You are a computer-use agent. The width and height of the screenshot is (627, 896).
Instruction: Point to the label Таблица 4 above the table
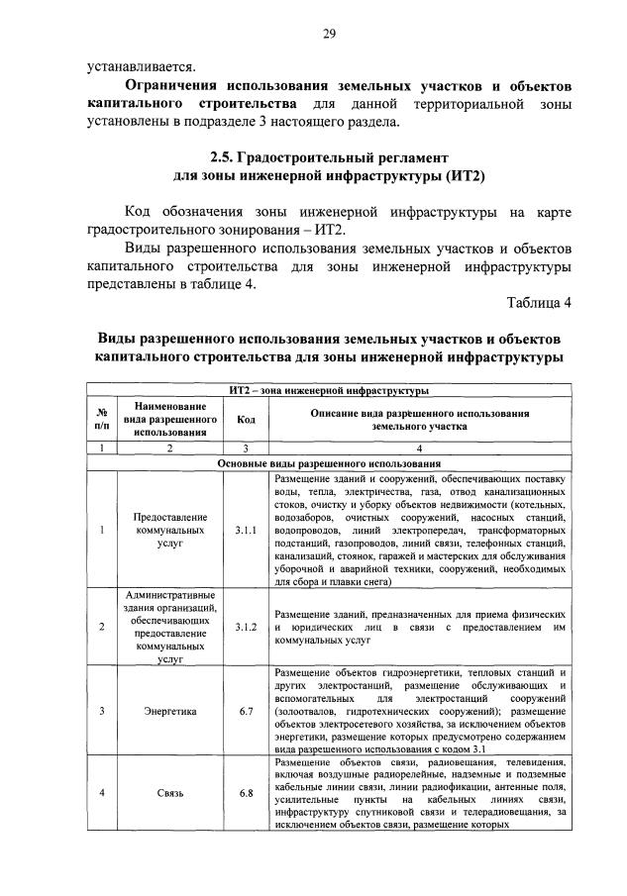coord(539,302)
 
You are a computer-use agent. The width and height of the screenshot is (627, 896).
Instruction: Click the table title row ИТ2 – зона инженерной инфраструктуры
coord(328,391)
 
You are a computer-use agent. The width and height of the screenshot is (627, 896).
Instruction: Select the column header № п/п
coord(102,418)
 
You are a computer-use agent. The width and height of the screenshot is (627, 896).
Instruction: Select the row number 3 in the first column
coord(102,711)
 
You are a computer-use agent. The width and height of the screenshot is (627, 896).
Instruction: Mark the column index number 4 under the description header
coord(420,448)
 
